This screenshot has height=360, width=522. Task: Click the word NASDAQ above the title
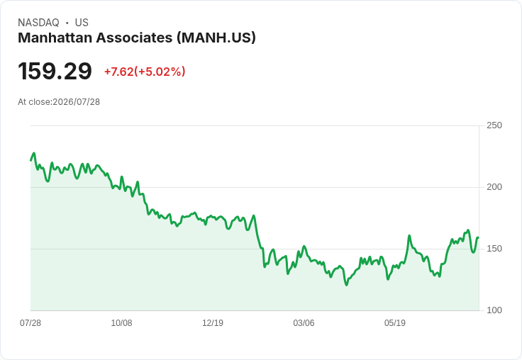pyautogui.click(x=38, y=23)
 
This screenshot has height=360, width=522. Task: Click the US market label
pyautogui.click(x=82, y=23)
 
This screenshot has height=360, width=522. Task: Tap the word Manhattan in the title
pyautogui.click(x=55, y=38)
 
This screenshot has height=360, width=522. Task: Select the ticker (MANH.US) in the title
pyautogui.click(x=216, y=38)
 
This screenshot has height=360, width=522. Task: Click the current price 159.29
pyautogui.click(x=55, y=71)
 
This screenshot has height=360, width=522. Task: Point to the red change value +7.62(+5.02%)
pyautogui.click(x=145, y=72)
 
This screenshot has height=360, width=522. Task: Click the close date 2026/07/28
pyautogui.click(x=76, y=102)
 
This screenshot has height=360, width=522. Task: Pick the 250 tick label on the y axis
pyautogui.click(x=494, y=125)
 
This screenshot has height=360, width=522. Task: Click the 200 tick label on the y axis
pyautogui.click(x=494, y=187)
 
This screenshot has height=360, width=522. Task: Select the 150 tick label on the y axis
pyautogui.click(x=494, y=249)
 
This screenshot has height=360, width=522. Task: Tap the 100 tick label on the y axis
pyautogui.click(x=494, y=310)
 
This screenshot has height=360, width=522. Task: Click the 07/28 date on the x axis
pyautogui.click(x=30, y=322)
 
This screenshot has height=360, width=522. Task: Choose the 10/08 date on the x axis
pyautogui.click(x=121, y=322)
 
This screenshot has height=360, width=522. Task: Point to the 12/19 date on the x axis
pyautogui.click(x=213, y=322)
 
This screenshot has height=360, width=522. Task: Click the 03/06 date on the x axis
pyautogui.click(x=304, y=322)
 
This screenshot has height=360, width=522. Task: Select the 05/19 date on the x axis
pyautogui.click(x=395, y=322)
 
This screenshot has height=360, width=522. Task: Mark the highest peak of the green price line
pyautogui.click(x=34, y=153)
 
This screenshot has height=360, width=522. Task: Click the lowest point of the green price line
pyautogui.click(x=347, y=285)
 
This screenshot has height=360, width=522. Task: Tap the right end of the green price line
pyautogui.click(x=478, y=237)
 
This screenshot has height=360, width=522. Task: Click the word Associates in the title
pyautogui.click(x=135, y=38)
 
